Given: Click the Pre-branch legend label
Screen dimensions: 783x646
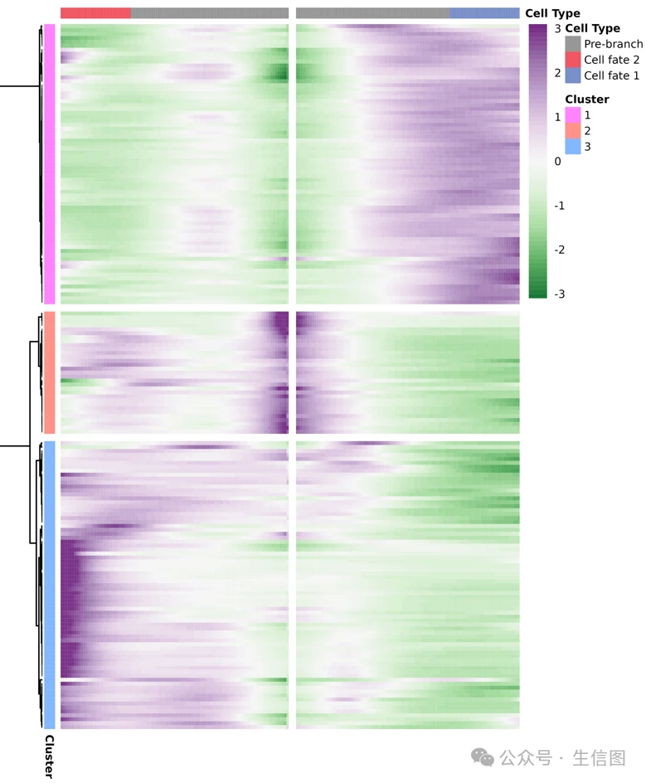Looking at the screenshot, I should click(x=613, y=44).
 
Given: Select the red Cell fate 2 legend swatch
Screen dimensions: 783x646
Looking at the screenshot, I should click(x=573, y=60).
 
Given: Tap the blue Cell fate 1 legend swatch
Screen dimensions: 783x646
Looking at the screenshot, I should click(x=573, y=75).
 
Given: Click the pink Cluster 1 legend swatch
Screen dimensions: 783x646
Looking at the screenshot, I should click(x=573, y=115).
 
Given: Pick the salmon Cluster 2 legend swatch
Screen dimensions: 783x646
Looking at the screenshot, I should click(x=573, y=131).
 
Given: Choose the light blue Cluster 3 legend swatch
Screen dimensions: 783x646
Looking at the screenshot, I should click(x=573, y=147).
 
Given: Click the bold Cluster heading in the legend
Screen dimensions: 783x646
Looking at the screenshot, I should click(x=587, y=100).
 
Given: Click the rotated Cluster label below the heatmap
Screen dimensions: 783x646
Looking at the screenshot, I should click(x=49, y=756).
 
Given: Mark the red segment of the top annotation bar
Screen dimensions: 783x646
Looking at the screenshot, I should click(x=95, y=13).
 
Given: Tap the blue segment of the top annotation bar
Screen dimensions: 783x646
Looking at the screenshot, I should click(x=485, y=13).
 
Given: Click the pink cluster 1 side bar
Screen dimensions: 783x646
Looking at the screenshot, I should click(x=50, y=164).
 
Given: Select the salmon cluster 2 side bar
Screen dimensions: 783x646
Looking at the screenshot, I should click(x=50, y=372).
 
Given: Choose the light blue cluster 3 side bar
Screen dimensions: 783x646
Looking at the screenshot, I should click(x=50, y=585).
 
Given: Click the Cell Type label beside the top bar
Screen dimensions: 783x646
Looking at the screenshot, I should click(x=552, y=13).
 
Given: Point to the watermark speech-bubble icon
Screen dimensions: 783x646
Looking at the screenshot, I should click(x=482, y=756).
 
